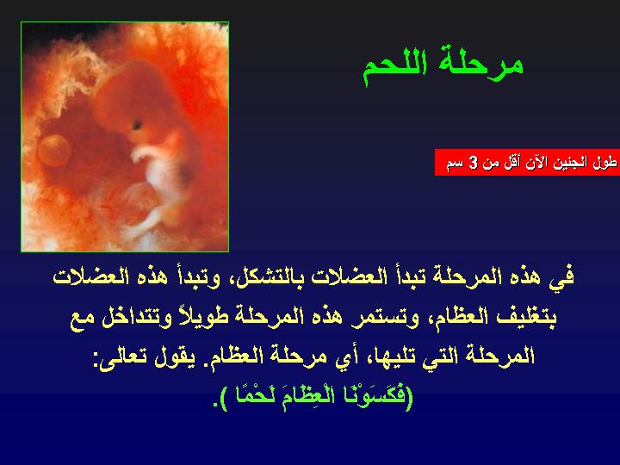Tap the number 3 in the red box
[x=472, y=163]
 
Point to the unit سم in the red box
[x=454, y=163]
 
